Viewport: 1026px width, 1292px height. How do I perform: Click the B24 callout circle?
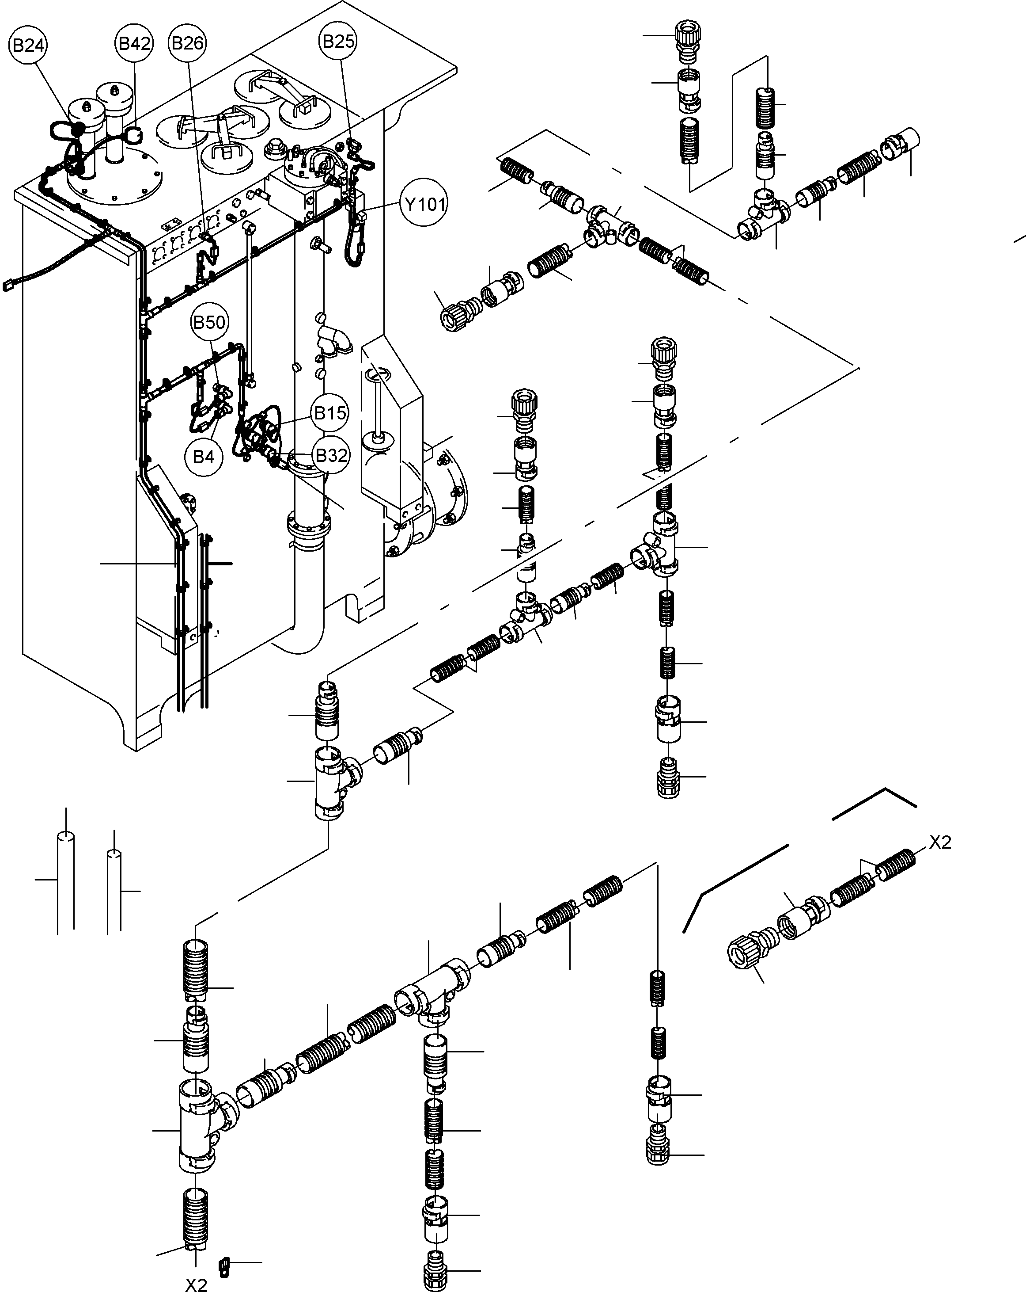28,46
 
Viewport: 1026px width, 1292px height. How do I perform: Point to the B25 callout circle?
338,42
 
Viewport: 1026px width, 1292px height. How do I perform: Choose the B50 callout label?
209,322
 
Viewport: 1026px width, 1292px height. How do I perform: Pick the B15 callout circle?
330,413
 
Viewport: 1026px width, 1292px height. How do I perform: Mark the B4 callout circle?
203,457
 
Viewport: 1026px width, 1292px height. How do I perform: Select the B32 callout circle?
331,455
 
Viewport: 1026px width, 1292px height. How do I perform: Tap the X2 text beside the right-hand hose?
940,842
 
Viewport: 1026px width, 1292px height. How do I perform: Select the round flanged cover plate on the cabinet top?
114,180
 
